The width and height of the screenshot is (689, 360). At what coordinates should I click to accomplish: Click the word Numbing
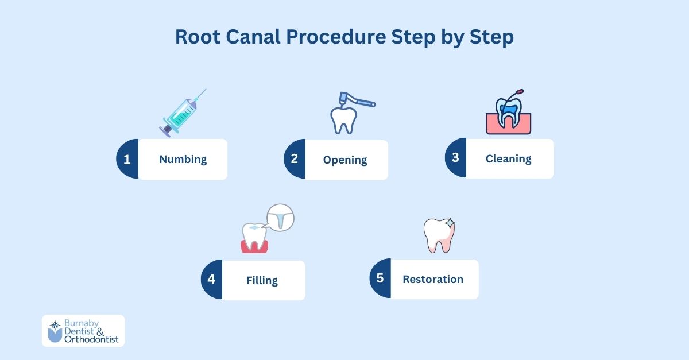(x=183, y=159)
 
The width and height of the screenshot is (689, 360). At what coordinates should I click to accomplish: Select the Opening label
(x=344, y=160)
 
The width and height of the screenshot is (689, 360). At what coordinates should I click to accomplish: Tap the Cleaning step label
(x=508, y=158)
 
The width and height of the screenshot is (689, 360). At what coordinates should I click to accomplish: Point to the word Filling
(x=262, y=281)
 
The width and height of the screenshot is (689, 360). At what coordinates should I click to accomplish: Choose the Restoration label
(x=432, y=279)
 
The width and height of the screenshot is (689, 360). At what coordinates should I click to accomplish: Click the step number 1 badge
(x=127, y=159)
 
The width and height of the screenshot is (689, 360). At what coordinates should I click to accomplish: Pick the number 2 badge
(x=295, y=159)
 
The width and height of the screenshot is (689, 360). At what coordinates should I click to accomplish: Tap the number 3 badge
(x=455, y=158)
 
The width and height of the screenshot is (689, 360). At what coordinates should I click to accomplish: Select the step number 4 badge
(x=211, y=280)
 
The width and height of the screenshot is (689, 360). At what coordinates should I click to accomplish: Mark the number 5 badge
(x=380, y=278)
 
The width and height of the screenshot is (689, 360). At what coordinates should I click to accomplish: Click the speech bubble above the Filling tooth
(x=281, y=218)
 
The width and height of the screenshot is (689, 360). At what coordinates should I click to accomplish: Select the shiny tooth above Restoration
(x=439, y=235)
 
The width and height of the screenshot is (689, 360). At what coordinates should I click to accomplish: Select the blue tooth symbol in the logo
(x=55, y=331)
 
